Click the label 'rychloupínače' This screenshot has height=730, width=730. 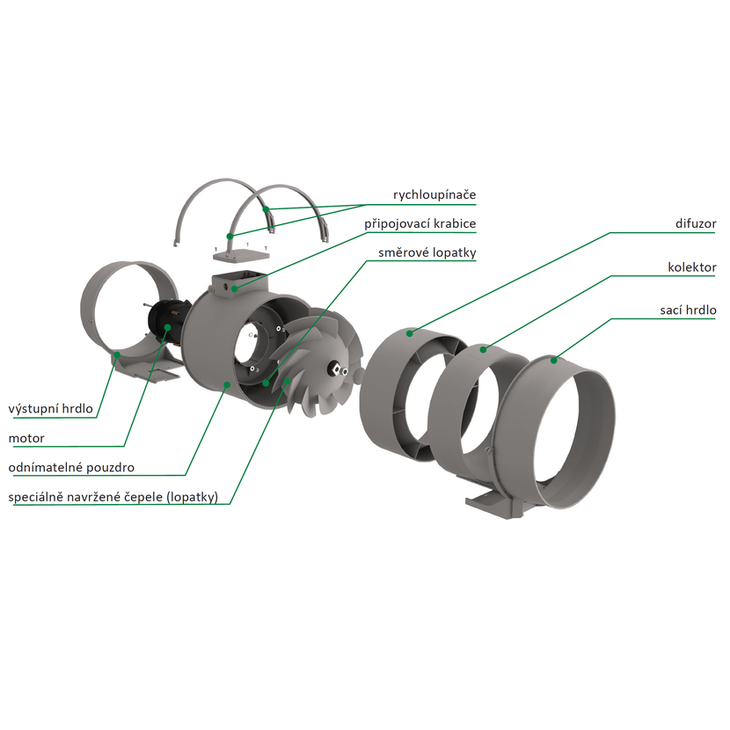click(434, 194)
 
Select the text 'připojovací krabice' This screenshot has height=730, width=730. click(420, 224)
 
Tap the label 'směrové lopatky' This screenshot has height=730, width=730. click(427, 252)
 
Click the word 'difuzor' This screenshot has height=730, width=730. click(696, 223)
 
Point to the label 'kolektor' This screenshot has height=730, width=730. click(692, 266)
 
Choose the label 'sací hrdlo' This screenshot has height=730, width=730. click(688, 310)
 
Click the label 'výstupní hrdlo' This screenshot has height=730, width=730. click(51, 409)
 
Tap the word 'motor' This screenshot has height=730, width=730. click(26, 438)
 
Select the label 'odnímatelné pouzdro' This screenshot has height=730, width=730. click(71, 467)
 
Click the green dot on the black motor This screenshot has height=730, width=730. click(168, 327)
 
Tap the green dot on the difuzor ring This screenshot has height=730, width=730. click(410, 332)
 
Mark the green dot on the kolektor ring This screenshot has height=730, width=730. click(483, 348)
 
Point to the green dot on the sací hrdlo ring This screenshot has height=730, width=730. click(554, 360)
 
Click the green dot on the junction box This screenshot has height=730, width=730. click(235, 288)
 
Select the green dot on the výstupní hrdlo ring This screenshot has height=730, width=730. click(117, 354)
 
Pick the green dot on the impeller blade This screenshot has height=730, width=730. click(288, 381)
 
